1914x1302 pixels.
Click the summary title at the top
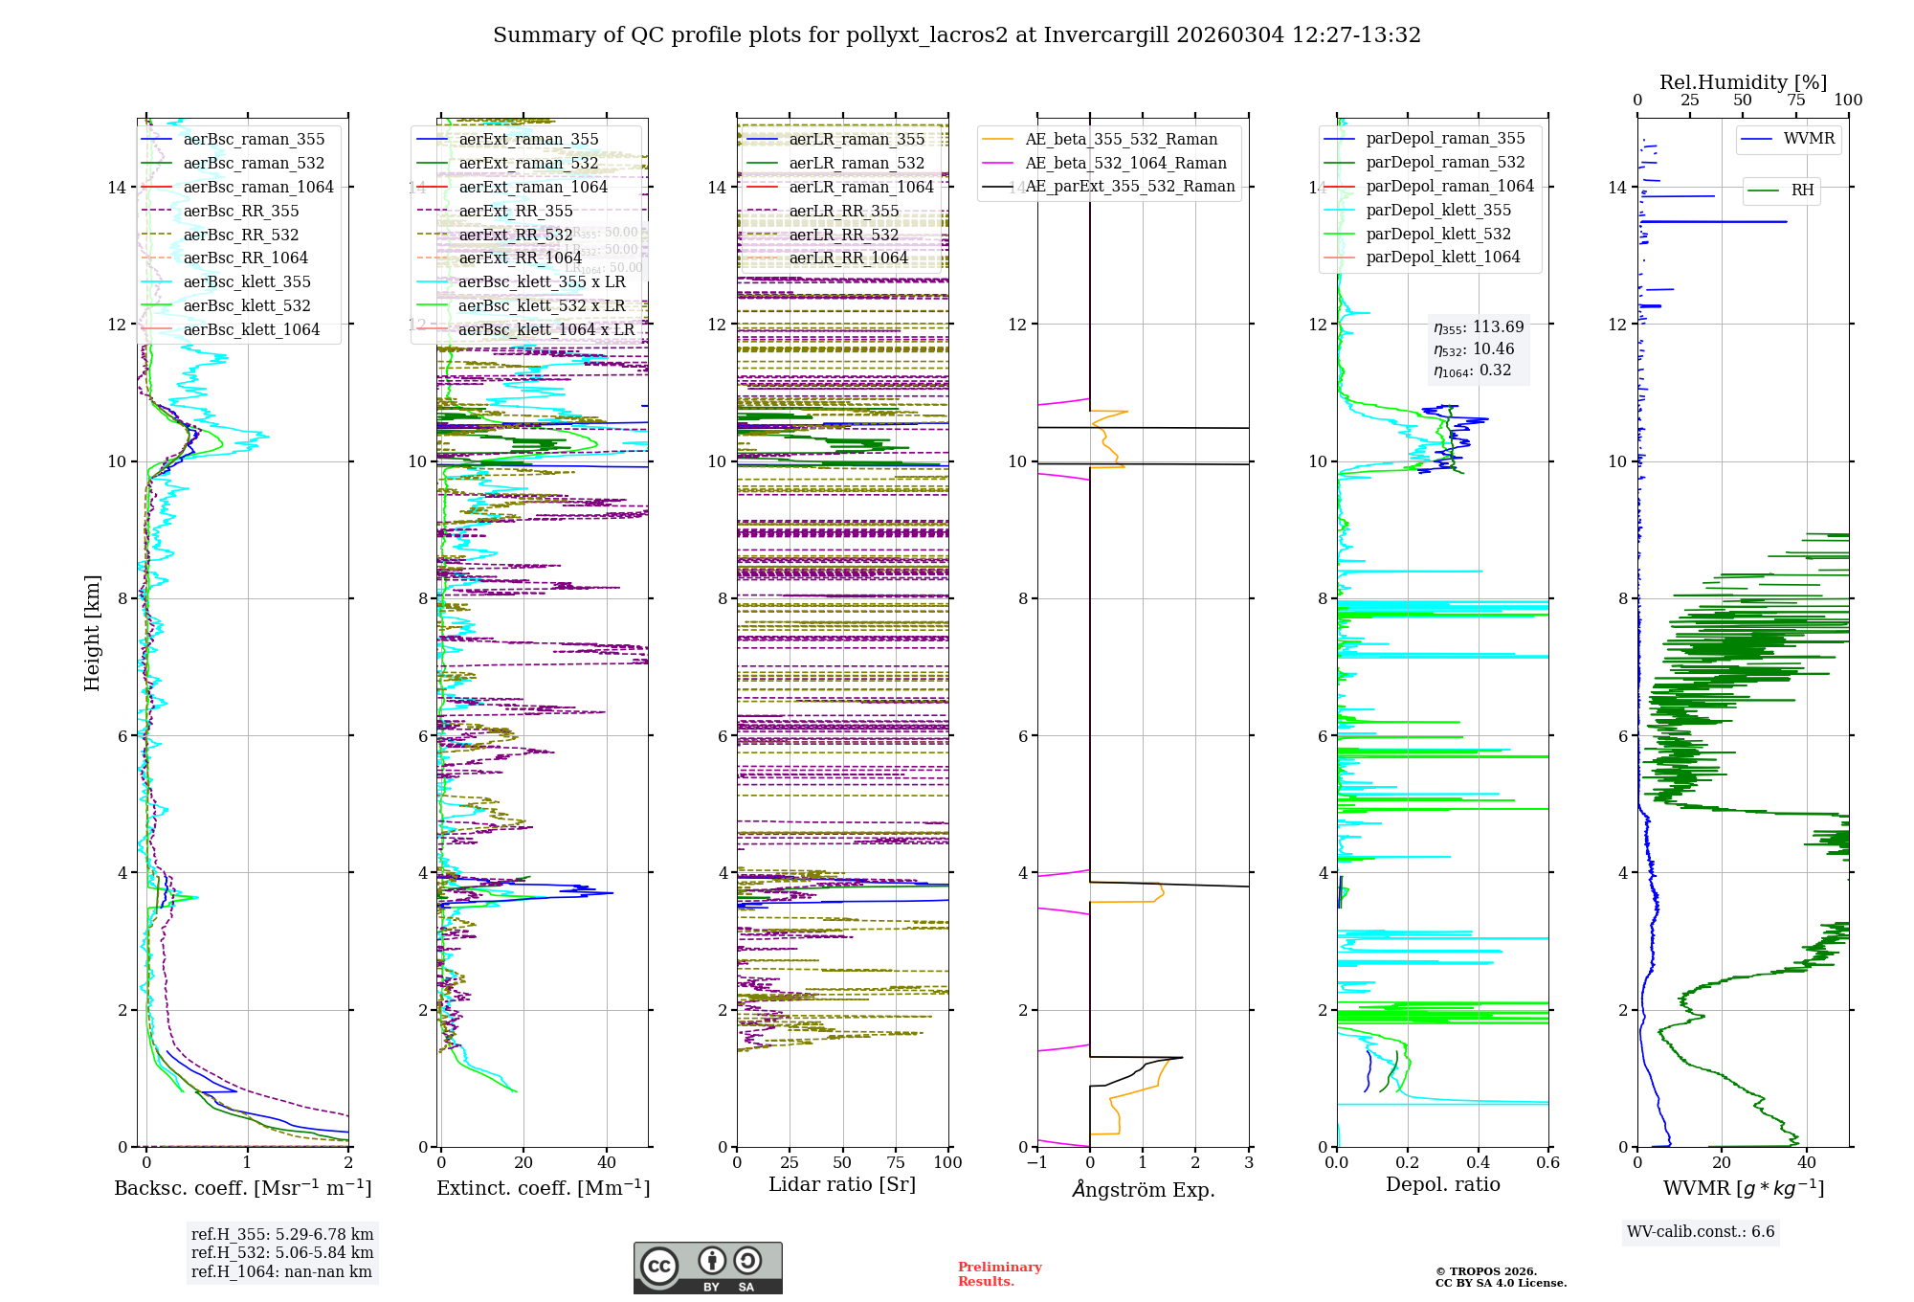point(957,35)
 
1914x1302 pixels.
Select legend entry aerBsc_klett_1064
point(251,330)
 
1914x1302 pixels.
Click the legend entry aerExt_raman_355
point(528,140)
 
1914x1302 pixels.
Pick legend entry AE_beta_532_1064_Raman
point(1125,164)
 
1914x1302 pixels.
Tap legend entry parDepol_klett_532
point(1438,235)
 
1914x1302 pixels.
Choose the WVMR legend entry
point(1809,139)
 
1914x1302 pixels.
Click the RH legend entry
point(1802,191)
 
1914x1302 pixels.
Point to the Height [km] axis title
point(92,633)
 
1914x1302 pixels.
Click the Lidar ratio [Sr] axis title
point(842,1185)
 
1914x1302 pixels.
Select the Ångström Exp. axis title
point(1143,1190)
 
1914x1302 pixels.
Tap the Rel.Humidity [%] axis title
point(1743,82)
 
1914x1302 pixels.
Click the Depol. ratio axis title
point(1442,1185)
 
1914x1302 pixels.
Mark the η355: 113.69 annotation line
point(1479,327)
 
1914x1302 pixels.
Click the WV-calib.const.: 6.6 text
point(1701,1232)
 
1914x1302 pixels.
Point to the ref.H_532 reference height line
point(282,1253)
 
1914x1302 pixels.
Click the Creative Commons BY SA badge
point(707,1268)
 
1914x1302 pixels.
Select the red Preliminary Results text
point(999,1274)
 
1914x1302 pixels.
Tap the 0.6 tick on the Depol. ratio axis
point(1547,1163)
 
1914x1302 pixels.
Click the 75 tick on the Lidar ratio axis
point(896,1163)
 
